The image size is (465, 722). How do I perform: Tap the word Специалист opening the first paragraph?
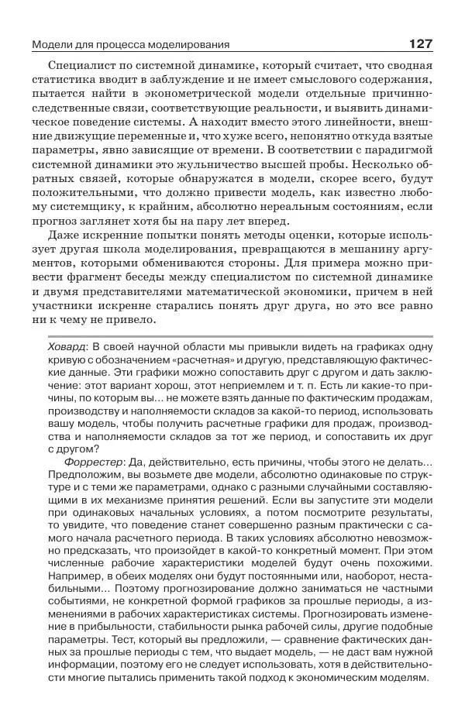click(84, 67)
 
